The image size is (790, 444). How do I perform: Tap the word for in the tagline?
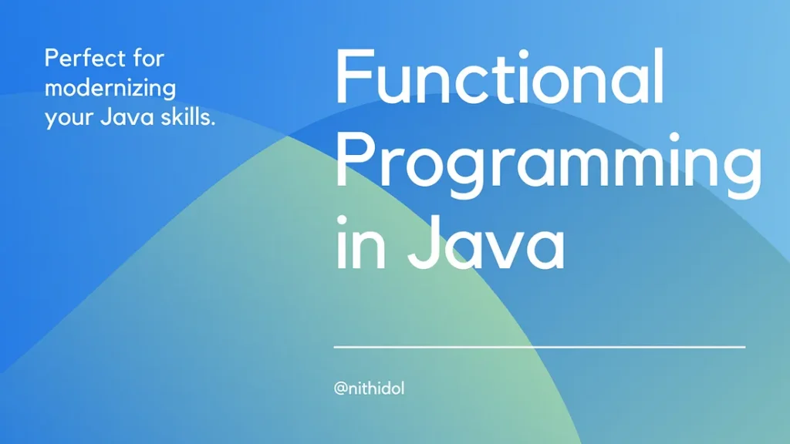[149, 58]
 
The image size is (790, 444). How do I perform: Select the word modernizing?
[110, 89]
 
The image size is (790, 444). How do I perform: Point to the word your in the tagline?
[68, 119]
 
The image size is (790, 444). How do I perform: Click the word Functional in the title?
[499, 76]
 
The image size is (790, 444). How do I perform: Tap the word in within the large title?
[361, 243]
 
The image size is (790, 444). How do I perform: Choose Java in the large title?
[486, 243]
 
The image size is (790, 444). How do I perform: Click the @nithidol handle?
[370, 388]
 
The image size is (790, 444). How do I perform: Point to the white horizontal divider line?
[539, 347]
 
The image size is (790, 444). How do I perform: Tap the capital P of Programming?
[355, 160]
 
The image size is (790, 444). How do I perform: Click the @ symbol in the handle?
[340, 388]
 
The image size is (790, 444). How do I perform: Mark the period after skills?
[213, 124]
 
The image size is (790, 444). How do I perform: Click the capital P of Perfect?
[52, 58]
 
